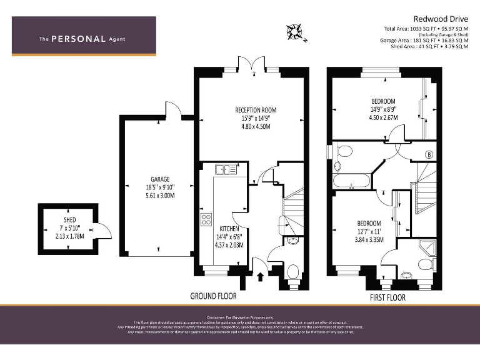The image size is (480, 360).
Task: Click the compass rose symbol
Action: coord(294,31)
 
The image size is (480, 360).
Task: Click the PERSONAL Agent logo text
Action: coord(82,39)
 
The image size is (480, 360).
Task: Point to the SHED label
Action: coord(69,219)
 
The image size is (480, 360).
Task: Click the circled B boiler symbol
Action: coord(429,154)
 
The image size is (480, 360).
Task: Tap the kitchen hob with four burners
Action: coord(206,219)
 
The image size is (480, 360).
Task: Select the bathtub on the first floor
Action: coord(351,182)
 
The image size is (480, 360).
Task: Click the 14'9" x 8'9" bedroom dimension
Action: coord(383,109)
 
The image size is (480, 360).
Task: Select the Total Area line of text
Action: coord(426,29)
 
